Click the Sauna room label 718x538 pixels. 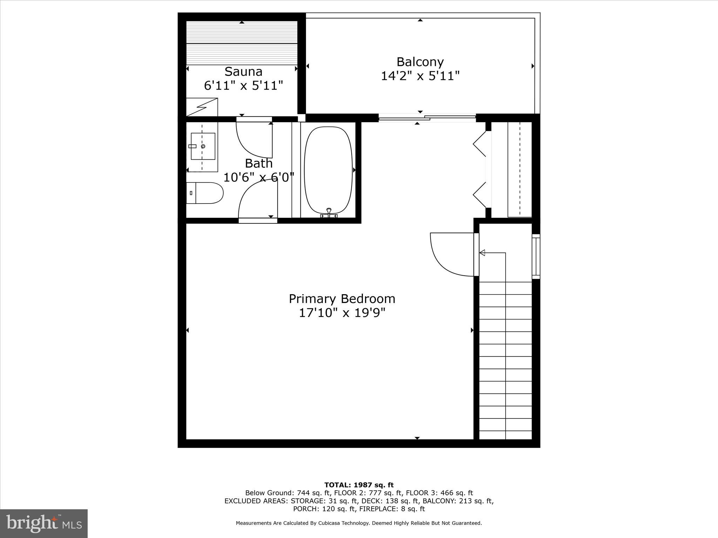tap(243, 71)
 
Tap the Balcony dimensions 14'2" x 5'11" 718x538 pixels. tap(420, 76)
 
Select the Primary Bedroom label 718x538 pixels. tap(342, 299)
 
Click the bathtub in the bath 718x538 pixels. tap(328, 170)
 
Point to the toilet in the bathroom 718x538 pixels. tap(205, 193)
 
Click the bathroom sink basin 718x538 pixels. tap(203, 146)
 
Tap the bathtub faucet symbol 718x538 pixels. tap(329, 213)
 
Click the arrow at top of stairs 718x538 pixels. tap(482, 253)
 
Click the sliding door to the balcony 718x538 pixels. tap(427, 118)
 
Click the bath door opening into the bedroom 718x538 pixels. tap(258, 201)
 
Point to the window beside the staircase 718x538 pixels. tap(536, 256)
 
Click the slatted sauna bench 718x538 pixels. tap(242, 43)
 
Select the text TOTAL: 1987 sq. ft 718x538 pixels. tap(359, 485)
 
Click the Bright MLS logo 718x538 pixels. tap(44, 523)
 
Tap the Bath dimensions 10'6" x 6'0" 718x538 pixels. tap(258, 178)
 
